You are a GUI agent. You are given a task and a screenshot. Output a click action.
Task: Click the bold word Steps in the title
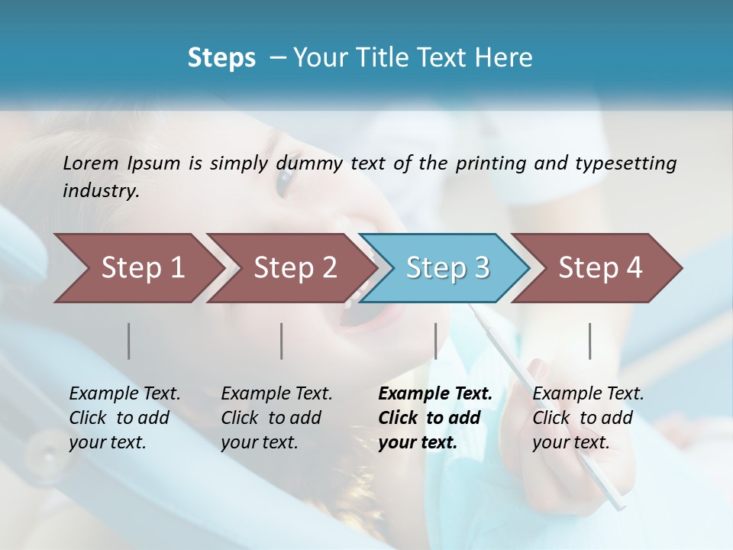pyautogui.click(x=221, y=58)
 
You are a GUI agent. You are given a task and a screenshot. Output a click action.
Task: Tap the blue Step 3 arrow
pyautogui.click(x=447, y=267)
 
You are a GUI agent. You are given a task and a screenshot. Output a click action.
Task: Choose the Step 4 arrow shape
pyautogui.click(x=600, y=267)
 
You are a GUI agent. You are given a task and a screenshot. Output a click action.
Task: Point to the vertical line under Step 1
pyautogui.click(x=129, y=341)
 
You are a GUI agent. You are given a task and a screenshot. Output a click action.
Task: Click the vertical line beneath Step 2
pyautogui.click(x=282, y=341)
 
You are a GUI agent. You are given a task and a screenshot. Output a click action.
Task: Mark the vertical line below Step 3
pyautogui.click(x=435, y=341)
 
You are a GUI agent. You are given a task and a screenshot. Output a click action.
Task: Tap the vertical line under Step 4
pyautogui.click(x=590, y=341)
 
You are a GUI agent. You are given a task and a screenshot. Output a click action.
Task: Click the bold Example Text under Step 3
pyautogui.click(x=435, y=394)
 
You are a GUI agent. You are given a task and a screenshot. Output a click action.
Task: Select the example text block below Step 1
pyautogui.click(x=124, y=418)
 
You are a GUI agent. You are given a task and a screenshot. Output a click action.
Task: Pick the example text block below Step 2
pyautogui.click(x=276, y=418)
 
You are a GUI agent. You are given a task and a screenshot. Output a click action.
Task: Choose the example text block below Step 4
pyautogui.click(x=588, y=418)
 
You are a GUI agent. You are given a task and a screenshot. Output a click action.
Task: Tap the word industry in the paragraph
pyautogui.click(x=100, y=191)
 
